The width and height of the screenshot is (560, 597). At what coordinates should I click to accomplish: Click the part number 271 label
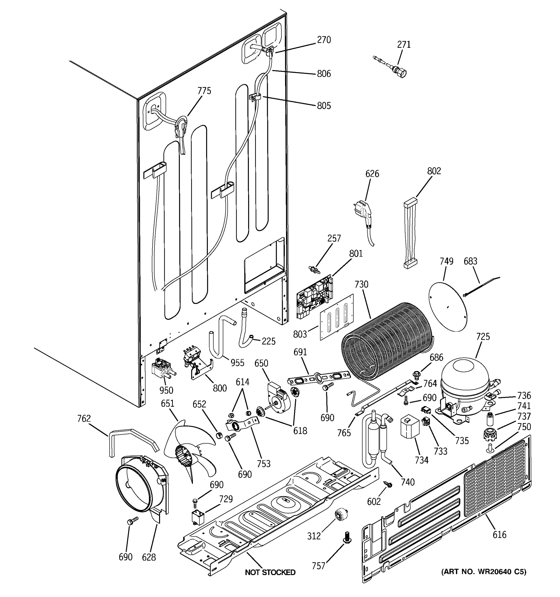pos(403,45)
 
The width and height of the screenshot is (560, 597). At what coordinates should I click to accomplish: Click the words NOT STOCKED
pos(270,572)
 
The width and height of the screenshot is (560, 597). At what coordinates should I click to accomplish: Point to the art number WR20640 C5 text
pos(484,571)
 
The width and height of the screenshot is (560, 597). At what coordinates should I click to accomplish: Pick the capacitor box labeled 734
pos(409,426)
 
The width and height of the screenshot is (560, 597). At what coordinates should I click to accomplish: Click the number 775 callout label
pos(204,91)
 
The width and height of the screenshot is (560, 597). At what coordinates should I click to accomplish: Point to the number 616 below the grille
pos(499,535)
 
